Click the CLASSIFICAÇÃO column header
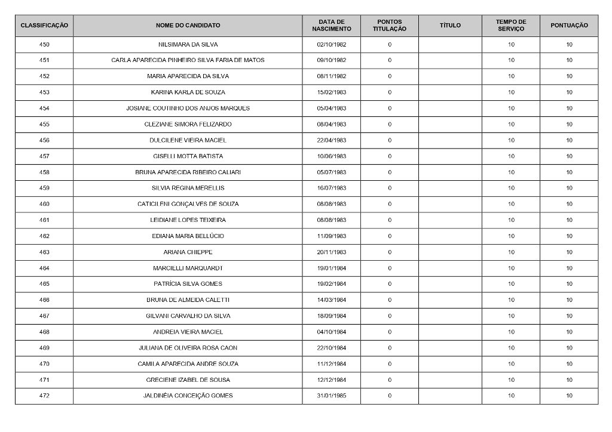[x=44, y=26]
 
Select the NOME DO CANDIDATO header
[x=188, y=26]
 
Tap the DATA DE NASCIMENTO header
[x=331, y=26]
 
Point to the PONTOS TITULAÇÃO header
[x=390, y=26]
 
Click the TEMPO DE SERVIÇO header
[x=511, y=26]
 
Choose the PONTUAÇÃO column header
[x=569, y=26]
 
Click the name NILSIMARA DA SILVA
[x=188, y=45]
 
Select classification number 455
[x=44, y=125]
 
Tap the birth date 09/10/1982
[x=331, y=60]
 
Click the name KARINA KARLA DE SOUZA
[x=188, y=92]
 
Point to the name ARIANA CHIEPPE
[x=188, y=252]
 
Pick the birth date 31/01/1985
[x=331, y=396]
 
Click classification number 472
[x=44, y=396]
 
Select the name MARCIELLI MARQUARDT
[x=188, y=268]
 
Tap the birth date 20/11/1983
[x=331, y=252]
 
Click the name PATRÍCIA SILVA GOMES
[x=188, y=284]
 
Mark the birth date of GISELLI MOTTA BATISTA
[x=331, y=156]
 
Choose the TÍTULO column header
[x=450, y=26]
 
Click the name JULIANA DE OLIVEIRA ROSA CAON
[x=188, y=348]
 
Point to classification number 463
[x=44, y=252]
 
